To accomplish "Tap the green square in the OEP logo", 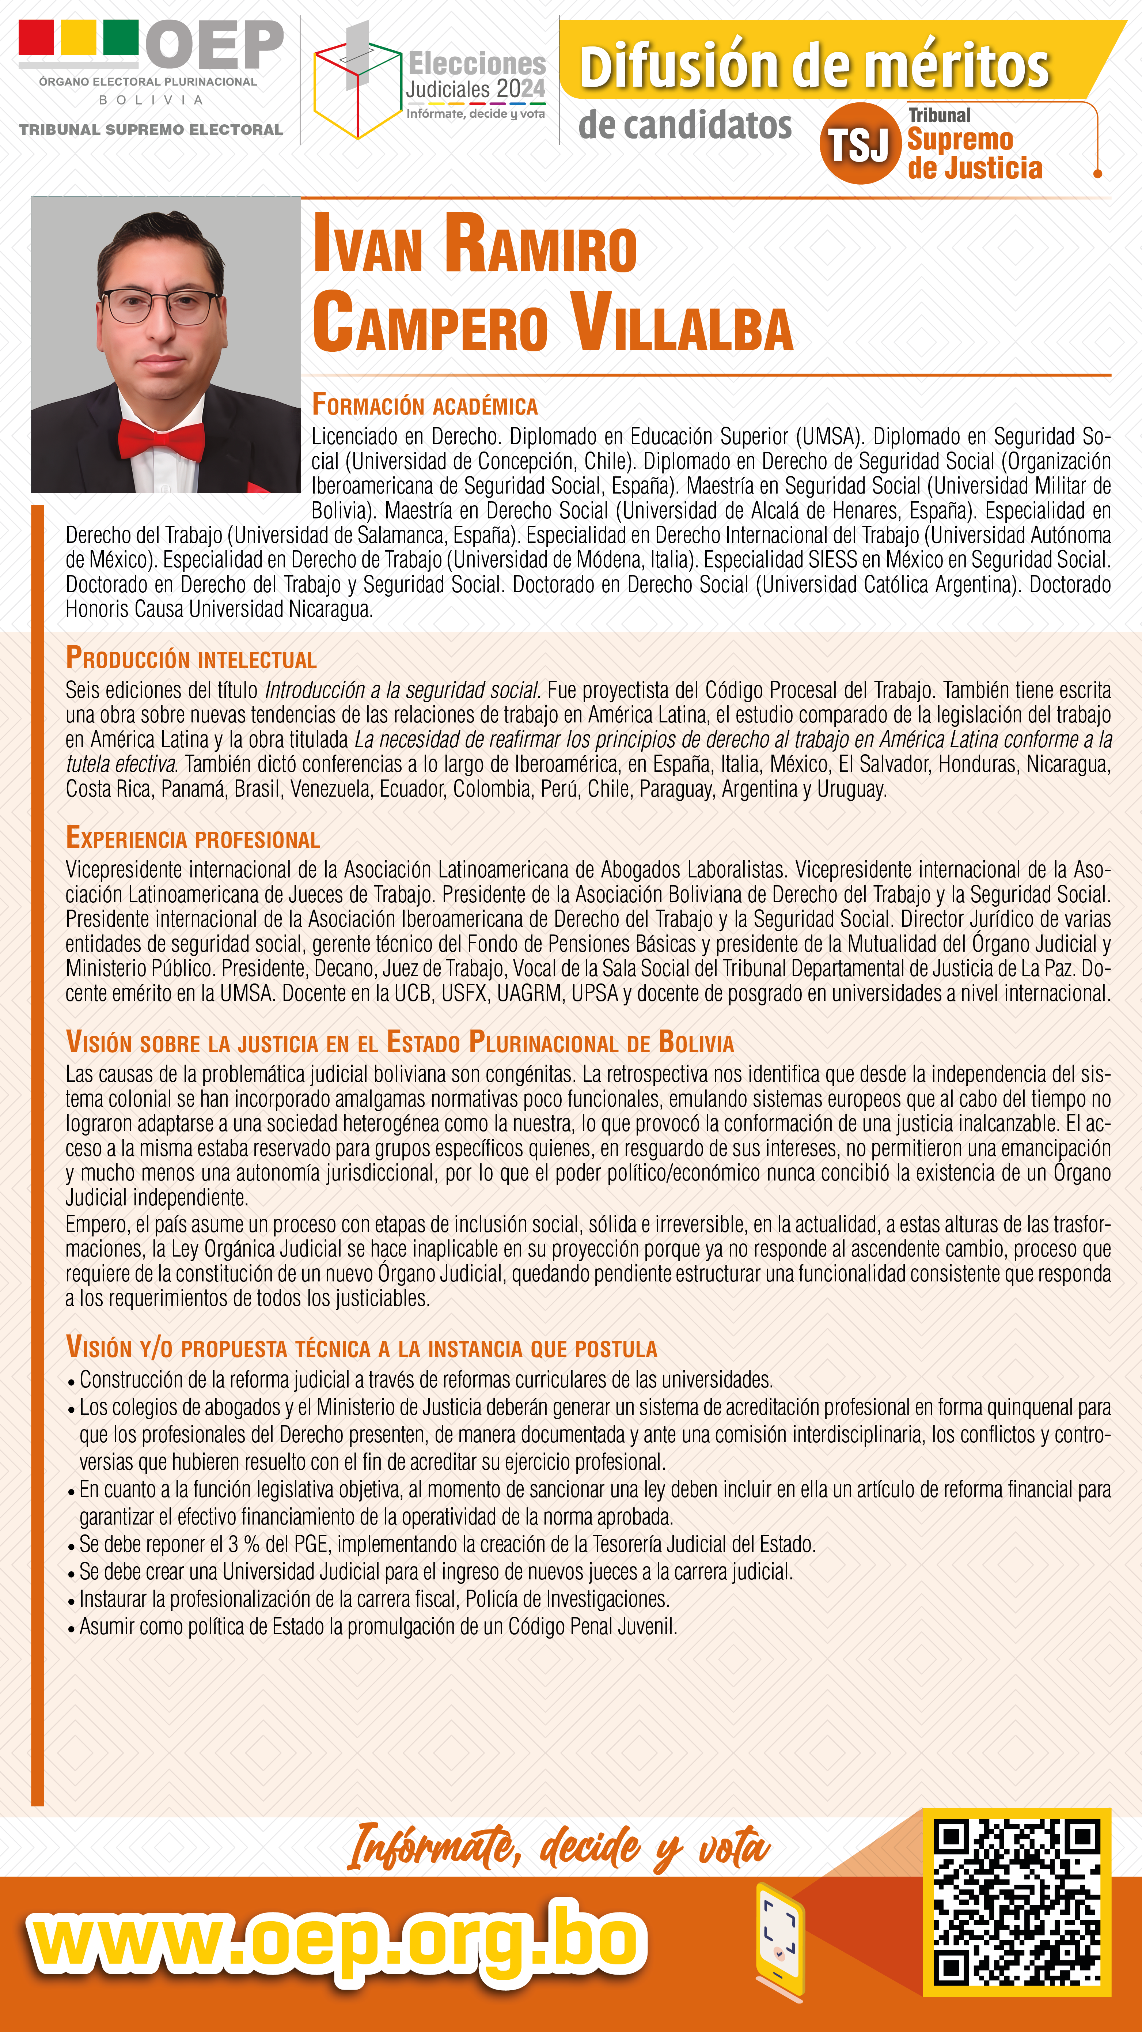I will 121,37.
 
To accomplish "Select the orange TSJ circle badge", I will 860,144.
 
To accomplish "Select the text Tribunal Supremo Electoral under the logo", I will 151,129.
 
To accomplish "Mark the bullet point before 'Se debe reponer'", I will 72,1546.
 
